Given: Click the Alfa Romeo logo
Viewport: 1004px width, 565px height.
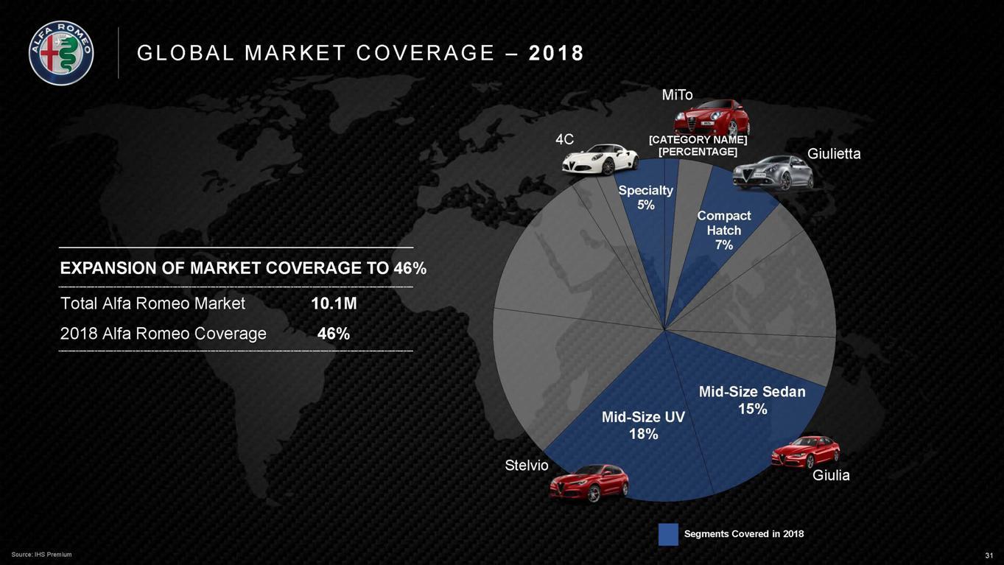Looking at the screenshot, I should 61,53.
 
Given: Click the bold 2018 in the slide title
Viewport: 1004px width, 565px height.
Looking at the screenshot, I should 556,53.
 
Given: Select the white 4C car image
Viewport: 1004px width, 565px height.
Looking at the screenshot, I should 600,158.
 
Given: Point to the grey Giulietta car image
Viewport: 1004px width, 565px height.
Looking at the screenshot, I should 773,172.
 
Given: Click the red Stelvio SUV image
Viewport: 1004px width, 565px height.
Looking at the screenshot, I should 589,482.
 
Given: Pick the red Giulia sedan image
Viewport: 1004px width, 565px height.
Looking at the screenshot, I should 805,451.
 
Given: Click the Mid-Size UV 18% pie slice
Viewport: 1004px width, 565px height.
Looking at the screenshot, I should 633,449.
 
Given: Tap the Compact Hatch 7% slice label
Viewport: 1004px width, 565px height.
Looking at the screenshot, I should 723,230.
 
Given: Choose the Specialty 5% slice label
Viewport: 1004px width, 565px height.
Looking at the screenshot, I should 645,197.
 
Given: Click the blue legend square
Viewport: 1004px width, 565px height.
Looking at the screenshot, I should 668,534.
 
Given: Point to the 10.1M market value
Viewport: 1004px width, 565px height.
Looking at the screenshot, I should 334,303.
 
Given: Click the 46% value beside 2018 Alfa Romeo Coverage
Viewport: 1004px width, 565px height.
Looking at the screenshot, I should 334,334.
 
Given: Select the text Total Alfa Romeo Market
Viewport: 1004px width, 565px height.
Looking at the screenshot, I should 152,303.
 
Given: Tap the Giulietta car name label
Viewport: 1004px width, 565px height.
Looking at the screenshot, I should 834,154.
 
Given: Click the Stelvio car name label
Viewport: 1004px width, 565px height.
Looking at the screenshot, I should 527,466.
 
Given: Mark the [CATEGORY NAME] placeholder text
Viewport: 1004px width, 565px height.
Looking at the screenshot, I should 698,140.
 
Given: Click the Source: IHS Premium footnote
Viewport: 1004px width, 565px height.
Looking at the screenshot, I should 42,555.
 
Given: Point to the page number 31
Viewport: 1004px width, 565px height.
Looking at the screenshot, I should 989,555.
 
